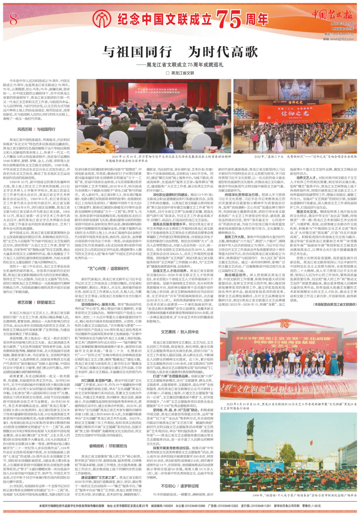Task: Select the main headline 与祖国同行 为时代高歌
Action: coord(180,52)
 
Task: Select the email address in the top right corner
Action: coord(334,39)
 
